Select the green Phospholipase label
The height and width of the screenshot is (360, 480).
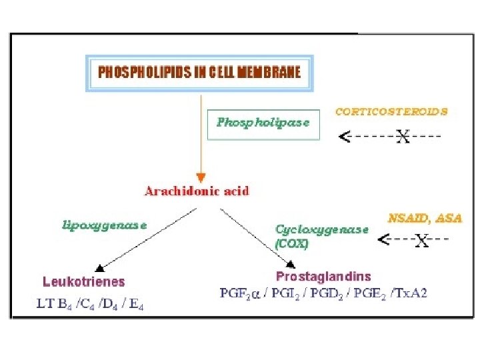(x=263, y=123)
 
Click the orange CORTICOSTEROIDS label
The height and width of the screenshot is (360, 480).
(x=391, y=112)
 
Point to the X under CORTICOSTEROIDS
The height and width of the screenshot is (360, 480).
(x=403, y=137)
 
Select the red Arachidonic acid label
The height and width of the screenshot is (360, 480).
(x=197, y=191)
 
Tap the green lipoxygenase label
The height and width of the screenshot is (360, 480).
(x=105, y=225)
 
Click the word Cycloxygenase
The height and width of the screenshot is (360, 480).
(x=322, y=229)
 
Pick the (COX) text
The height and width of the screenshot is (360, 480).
(x=292, y=243)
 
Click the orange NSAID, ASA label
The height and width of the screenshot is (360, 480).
(x=425, y=218)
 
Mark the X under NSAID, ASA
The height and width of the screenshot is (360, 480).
(x=421, y=241)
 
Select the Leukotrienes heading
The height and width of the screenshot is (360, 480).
(x=83, y=282)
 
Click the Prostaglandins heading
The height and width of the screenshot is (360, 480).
(x=323, y=276)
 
